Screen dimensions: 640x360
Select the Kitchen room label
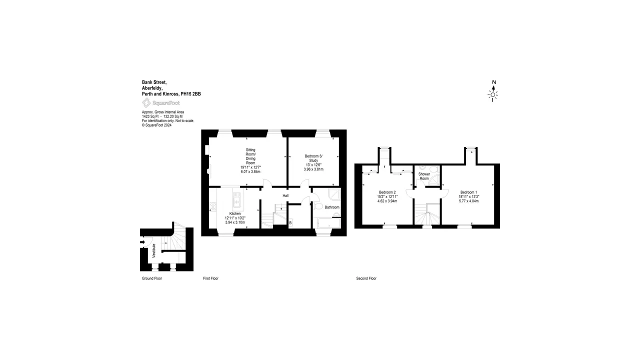(x=235, y=213)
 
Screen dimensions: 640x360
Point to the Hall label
(x=285, y=195)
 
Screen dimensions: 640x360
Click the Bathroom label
(x=332, y=207)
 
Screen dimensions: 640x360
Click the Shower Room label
(x=424, y=176)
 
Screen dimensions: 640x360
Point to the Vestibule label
(x=154, y=251)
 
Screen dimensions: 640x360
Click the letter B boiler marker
(x=290, y=223)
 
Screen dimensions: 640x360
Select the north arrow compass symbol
(x=493, y=91)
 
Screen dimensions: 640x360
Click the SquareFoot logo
(x=161, y=103)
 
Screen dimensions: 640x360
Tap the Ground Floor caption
(x=152, y=278)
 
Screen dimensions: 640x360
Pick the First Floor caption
(x=210, y=278)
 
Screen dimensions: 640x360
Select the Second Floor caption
(x=366, y=278)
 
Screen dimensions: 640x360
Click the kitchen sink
(x=236, y=199)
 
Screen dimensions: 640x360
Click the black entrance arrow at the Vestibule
(x=142, y=242)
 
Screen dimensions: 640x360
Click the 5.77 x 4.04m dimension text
(x=468, y=201)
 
